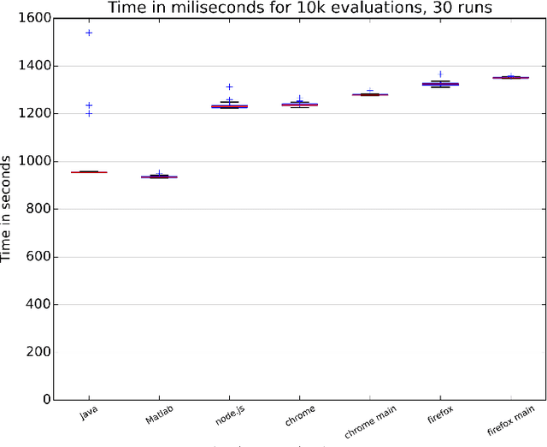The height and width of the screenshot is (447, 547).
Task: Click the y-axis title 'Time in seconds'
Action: tap(7, 208)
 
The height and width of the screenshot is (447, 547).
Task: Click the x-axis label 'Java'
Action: tap(88, 414)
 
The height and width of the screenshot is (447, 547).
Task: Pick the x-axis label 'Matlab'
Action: tap(158, 415)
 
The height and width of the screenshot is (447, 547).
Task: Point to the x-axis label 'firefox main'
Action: tap(511, 420)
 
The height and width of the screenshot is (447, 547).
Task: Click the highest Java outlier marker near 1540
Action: tap(89, 33)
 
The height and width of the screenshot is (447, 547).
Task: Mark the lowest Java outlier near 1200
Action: tap(89, 113)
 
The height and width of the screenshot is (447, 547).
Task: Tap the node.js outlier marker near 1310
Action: tap(229, 86)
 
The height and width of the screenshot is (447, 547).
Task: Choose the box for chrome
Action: tap(299, 104)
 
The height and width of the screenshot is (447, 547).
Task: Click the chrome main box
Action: tap(370, 94)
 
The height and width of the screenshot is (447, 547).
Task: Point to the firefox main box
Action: tap(510, 78)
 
